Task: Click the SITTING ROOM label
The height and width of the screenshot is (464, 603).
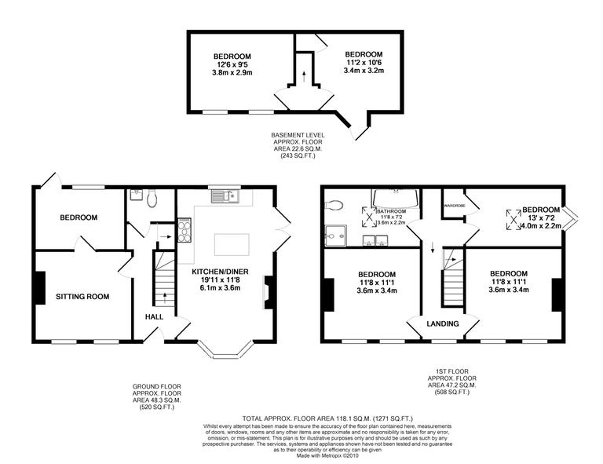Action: tap(82, 296)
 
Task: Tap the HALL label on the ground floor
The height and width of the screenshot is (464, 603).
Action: tap(153, 316)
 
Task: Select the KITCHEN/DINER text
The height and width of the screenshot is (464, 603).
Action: tap(225, 272)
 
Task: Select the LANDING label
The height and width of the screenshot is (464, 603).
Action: tap(443, 323)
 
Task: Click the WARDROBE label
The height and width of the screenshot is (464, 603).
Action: tap(455, 206)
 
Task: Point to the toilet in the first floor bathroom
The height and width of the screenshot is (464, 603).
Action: tap(333, 206)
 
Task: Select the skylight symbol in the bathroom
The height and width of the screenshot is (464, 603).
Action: tap(366, 215)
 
